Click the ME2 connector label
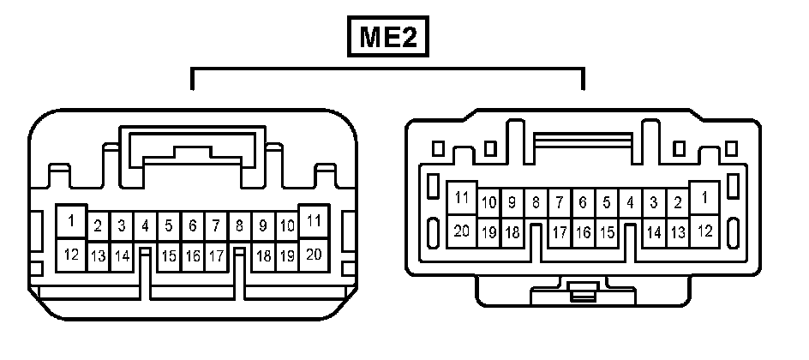pos(387,39)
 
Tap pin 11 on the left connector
pos(314,221)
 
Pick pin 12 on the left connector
pos(72,254)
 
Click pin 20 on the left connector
pos(314,254)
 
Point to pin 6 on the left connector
pos(193,226)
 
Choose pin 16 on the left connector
pos(193,255)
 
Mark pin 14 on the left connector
pos(122,255)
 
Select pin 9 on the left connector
pos(263,226)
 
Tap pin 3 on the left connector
pos(122,226)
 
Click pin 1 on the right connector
pos(704,198)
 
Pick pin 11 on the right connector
pos(462,198)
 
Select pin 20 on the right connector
pos(462,230)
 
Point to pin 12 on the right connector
pos(704,230)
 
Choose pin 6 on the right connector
pos(583,203)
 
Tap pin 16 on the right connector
pos(583,232)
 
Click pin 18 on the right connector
pos(512,232)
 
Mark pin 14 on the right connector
pos(654,232)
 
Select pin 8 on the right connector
pos(536,203)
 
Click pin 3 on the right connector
pos(654,203)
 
